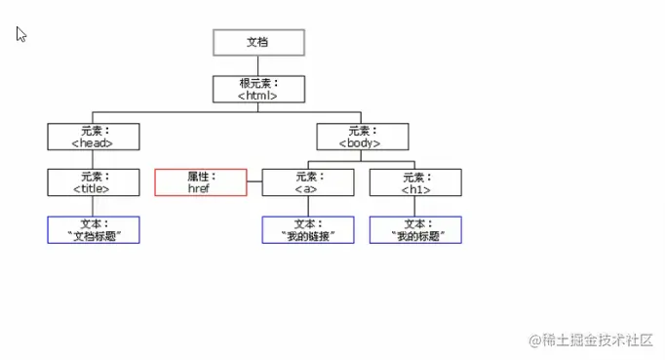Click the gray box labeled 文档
pos(258,43)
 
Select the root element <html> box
pos(258,89)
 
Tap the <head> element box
pos(93,136)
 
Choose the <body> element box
pos(361,136)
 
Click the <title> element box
pos(93,182)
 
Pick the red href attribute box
pos(200,182)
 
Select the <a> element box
pos(307,182)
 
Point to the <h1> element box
pos(415,182)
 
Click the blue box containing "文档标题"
pos(93,229)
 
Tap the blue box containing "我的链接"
pos(307,229)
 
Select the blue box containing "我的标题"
pos(415,229)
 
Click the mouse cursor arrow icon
pos(20,34)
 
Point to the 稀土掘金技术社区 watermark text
pos(596,340)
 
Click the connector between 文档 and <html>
pos(258,65)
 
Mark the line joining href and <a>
pos(254,182)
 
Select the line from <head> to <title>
pos(93,159)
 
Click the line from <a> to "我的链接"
pos(307,206)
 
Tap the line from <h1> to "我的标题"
pos(415,206)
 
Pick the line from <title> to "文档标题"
pos(93,206)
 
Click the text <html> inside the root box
pos(258,95)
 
